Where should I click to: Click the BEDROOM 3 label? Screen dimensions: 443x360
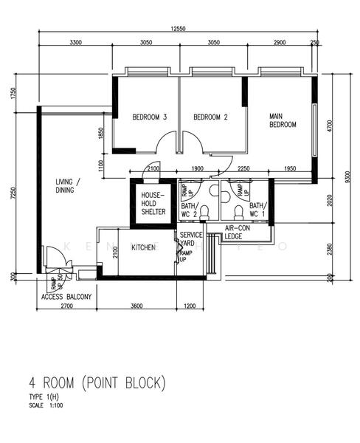point(150,117)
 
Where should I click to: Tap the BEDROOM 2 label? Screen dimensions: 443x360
point(210,117)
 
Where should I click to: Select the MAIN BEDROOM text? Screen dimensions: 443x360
point(282,120)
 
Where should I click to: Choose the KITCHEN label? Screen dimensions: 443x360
point(143,248)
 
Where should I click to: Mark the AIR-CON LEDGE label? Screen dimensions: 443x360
point(238,233)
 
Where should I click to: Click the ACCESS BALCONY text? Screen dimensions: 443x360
point(66,297)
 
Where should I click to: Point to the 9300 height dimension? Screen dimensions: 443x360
point(347,177)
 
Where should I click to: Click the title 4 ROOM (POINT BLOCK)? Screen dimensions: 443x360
point(97,383)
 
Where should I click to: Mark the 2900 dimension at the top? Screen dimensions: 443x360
point(280,44)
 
